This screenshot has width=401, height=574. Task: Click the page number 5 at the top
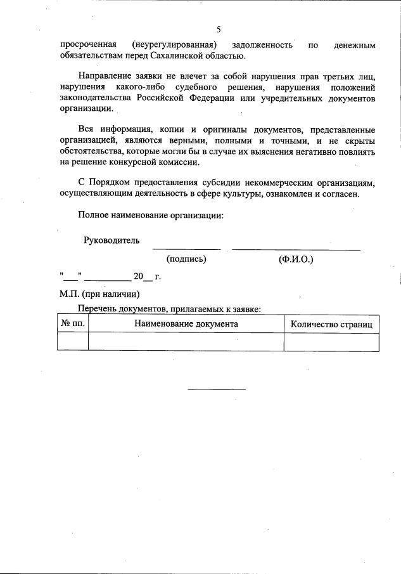[x=219, y=30]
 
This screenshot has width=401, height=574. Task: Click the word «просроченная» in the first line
[x=87, y=45]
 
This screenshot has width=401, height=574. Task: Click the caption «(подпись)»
[x=186, y=259]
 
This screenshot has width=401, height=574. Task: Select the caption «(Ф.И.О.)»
[x=296, y=259]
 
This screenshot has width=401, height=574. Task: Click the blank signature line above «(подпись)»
[x=186, y=249]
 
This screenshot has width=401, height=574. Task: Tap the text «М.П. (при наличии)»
[x=99, y=294]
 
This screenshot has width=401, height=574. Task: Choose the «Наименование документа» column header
[x=186, y=323]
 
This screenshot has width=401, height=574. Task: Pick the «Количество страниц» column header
[x=331, y=324]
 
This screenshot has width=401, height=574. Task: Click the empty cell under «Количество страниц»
[x=331, y=342]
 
